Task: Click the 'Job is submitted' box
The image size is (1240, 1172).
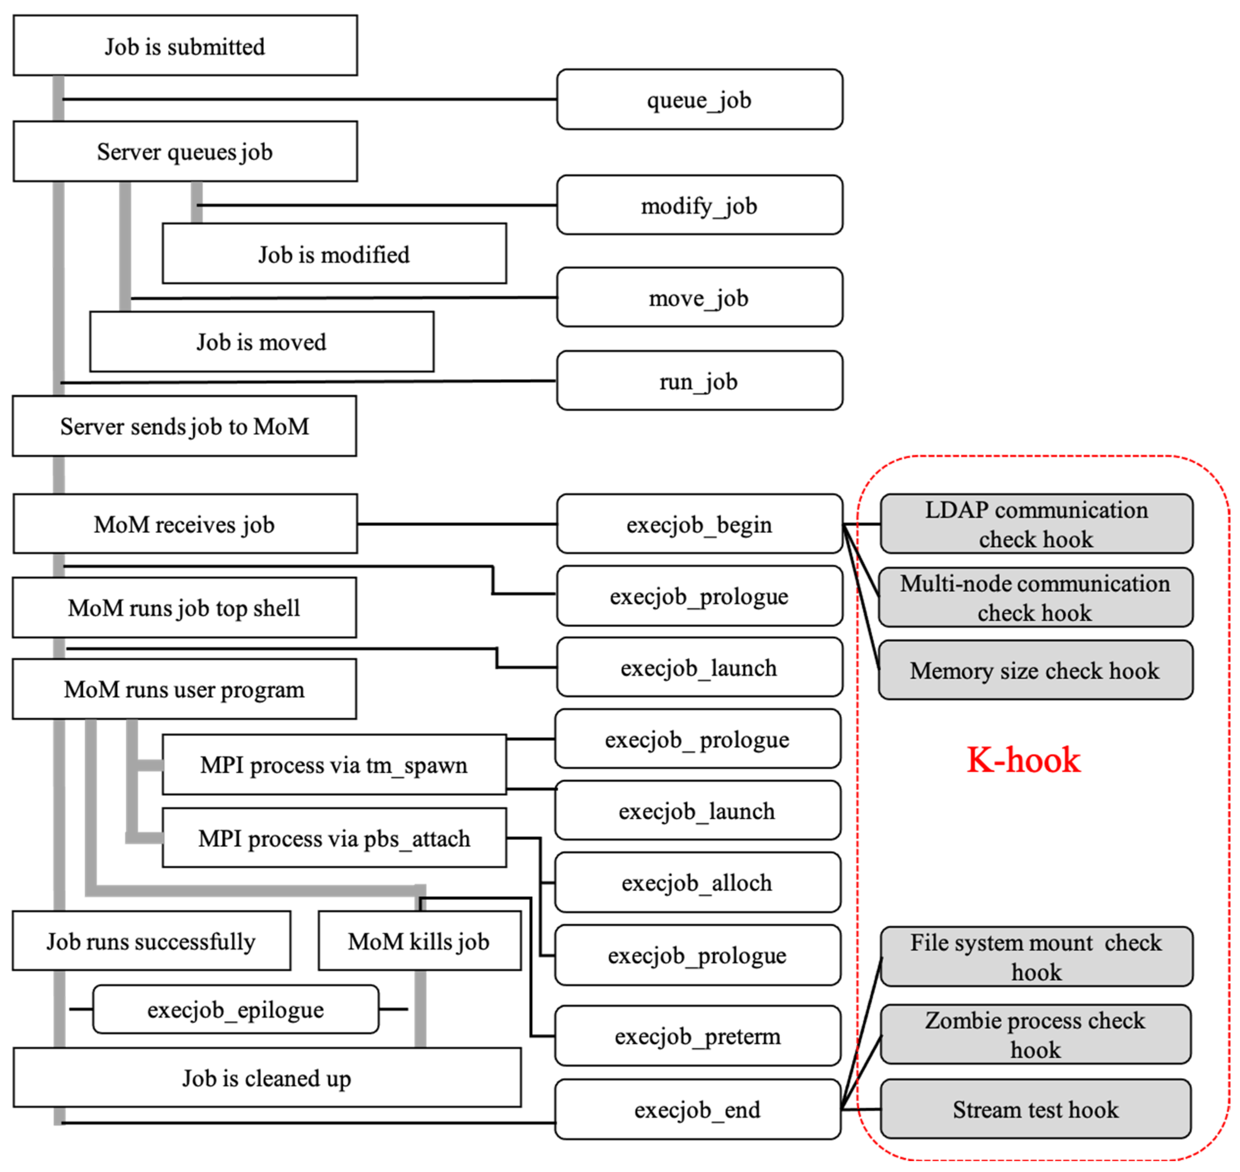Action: (185, 46)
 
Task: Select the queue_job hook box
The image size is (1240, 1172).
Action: (699, 99)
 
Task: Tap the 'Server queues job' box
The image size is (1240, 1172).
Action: (185, 151)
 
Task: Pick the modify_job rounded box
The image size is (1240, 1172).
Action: (699, 205)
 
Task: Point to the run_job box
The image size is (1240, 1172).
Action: (699, 380)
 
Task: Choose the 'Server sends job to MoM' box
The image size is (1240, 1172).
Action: (184, 426)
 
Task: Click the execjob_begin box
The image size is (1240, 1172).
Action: (699, 524)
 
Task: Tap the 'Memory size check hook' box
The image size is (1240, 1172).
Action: (1035, 670)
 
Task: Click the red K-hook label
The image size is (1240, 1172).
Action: (1023, 760)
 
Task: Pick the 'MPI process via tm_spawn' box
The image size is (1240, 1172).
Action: (334, 765)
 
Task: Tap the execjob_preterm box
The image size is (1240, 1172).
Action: (697, 1036)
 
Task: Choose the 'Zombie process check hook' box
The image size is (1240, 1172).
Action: (1035, 1034)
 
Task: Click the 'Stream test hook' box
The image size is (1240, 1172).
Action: (1035, 1110)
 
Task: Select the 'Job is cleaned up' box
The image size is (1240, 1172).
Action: (267, 1078)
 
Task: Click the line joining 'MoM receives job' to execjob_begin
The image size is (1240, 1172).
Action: (456, 524)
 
